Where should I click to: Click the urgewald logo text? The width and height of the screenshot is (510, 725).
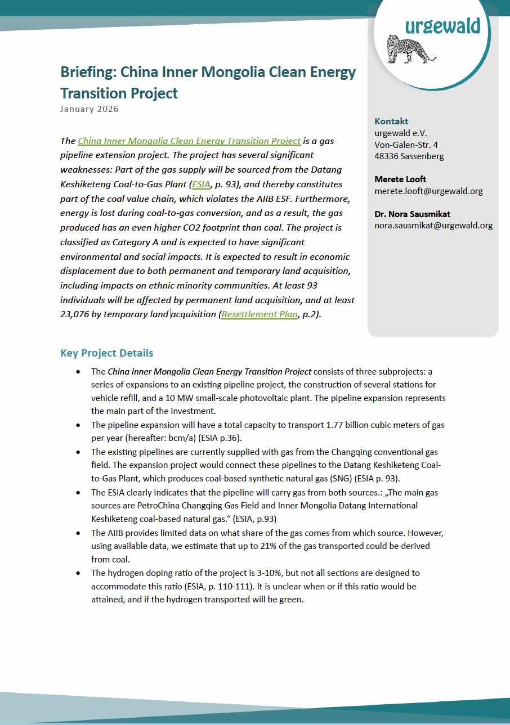tap(442, 25)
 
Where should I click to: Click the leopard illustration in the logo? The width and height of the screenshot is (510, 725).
tap(410, 49)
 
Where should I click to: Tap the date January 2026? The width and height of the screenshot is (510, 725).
tap(90, 109)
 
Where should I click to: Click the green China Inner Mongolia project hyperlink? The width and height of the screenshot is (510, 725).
tap(189, 141)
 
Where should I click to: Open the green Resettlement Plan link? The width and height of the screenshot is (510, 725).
tap(260, 314)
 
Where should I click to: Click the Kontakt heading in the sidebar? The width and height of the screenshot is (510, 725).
tap(391, 121)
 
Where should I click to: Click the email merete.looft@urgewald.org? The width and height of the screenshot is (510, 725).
tap(428, 191)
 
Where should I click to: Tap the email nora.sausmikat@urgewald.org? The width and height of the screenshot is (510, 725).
tap(433, 226)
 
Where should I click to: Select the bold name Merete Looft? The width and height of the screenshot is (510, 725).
tap(400, 179)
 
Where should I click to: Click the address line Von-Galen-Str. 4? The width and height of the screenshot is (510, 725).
tap(406, 145)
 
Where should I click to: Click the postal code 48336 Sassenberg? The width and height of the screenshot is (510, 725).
tap(409, 156)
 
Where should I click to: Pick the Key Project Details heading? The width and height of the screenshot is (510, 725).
tap(106, 353)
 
